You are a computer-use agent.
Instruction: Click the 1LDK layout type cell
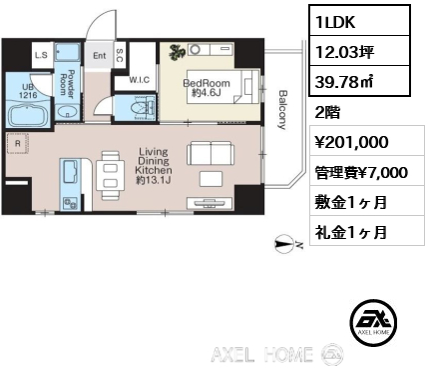(x=359, y=21)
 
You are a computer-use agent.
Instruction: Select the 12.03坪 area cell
(x=359, y=51)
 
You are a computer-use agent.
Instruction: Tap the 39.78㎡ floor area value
(x=359, y=81)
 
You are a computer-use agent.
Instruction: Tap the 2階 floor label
(x=327, y=113)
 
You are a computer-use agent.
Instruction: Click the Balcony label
(x=282, y=109)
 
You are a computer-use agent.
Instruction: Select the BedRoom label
(x=207, y=83)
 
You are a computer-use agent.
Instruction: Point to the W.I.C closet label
(x=140, y=80)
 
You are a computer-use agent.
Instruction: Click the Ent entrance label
(x=99, y=55)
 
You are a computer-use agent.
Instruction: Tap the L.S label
(x=41, y=55)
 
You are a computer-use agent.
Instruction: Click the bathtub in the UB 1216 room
(x=28, y=115)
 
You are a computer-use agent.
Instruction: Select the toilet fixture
(x=143, y=108)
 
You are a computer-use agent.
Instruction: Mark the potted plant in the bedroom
(x=177, y=52)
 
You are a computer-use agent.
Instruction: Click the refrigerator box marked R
(x=18, y=144)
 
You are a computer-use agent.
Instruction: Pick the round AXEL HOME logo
(x=373, y=321)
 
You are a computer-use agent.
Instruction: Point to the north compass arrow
(x=284, y=246)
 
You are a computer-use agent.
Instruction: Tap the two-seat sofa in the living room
(x=211, y=152)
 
